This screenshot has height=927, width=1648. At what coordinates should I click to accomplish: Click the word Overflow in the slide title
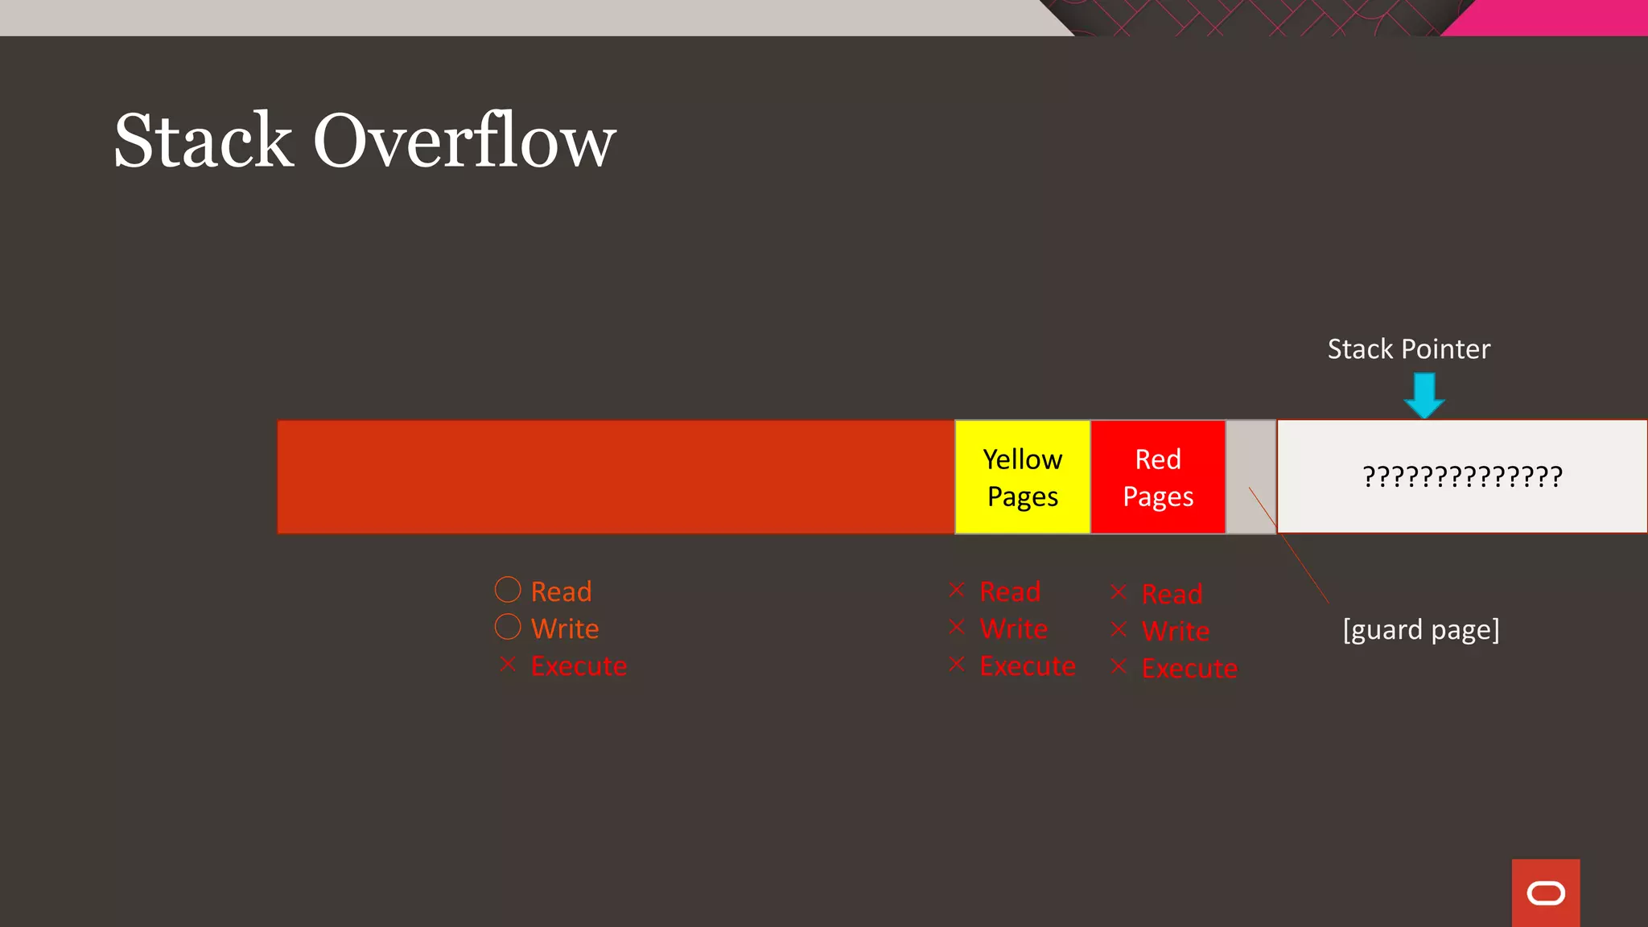(464, 142)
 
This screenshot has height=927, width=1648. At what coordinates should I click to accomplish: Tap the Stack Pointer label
(1408, 349)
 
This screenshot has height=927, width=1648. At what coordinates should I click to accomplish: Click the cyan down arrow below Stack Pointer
(1424, 395)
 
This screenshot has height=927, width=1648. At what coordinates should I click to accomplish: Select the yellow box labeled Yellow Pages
(1022, 477)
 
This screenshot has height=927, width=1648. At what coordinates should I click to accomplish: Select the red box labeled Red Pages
(1157, 477)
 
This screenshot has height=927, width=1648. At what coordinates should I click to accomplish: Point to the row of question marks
(1462, 476)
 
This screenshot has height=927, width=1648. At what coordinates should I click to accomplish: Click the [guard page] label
(1421, 629)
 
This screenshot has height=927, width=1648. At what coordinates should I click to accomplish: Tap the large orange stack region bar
(616, 477)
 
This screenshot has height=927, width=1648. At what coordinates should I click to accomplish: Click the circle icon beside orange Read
(508, 590)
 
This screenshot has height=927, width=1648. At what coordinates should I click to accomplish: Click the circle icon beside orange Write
(508, 627)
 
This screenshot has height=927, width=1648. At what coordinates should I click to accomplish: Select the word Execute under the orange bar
(579, 666)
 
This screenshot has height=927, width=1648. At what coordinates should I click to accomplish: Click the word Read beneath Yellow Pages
(1010, 591)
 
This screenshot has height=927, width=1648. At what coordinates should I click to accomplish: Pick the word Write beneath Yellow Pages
(1013, 628)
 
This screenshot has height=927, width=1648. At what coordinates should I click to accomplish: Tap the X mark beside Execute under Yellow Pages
(957, 665)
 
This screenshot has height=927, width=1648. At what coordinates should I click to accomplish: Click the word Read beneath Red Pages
(1172, 594)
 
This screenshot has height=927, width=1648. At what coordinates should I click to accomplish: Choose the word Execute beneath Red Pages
(1189, 668)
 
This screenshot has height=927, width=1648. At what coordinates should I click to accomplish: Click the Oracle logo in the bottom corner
(1545, 892)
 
